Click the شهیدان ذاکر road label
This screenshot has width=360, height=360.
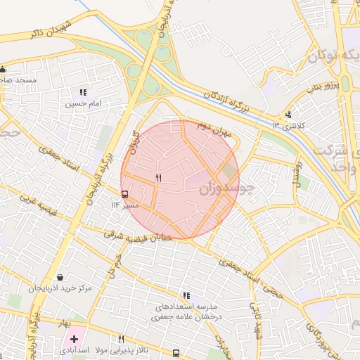pos(52,26)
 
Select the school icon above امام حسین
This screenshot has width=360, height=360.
pos(84,92)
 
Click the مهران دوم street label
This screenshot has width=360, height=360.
pos(214,127)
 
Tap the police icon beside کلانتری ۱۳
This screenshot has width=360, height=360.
pos(288,115)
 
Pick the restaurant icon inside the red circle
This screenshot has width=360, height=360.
pos(158,179)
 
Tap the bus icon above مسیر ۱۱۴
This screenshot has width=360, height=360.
pos(124,193)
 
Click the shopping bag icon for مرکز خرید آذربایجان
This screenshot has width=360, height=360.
pos(60,277)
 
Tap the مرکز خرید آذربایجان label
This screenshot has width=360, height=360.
pos(60,289)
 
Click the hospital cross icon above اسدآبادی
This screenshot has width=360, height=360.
pos(74,339)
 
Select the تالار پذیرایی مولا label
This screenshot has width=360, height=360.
pos(122,349)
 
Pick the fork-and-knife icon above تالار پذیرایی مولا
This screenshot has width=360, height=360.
pos(122,338)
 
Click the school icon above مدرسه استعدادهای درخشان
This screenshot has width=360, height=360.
pos(186,295)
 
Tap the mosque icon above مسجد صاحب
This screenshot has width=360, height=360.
pos(4,69)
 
